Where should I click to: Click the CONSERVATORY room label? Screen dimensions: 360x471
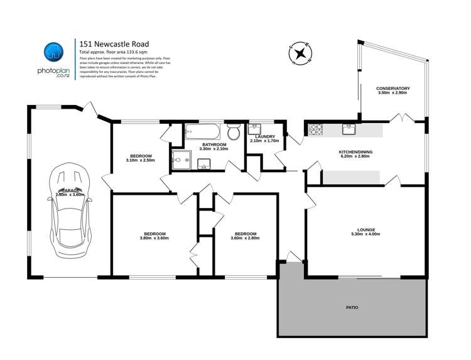pyautogui.click(x=392, y=89)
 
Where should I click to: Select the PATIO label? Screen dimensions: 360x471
pyautogui.click(x=352, y=308)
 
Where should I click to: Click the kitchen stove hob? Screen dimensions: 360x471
pyautogui.click(x=315, y=130)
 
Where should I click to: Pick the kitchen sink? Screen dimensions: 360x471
pyautogui.click(x=349, y=129)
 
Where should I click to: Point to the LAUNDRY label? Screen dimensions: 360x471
pyautogui.click(x=263, y=136)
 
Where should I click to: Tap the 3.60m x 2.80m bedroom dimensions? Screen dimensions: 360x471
pyautogui.click(x=244, y=239)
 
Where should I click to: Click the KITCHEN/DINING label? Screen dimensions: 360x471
pyautogui.click(x=357, y=151)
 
